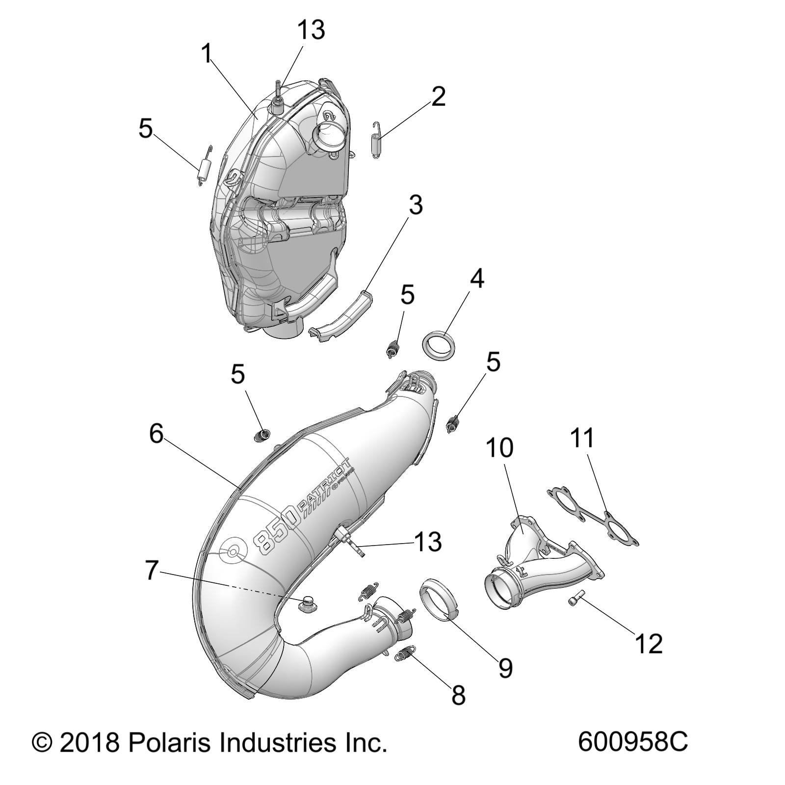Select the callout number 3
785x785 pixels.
(416, 205)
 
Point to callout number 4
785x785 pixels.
(476, 279)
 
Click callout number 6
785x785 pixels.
(156, 434)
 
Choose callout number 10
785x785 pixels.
(499, 447)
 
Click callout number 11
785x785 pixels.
(582, 438)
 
